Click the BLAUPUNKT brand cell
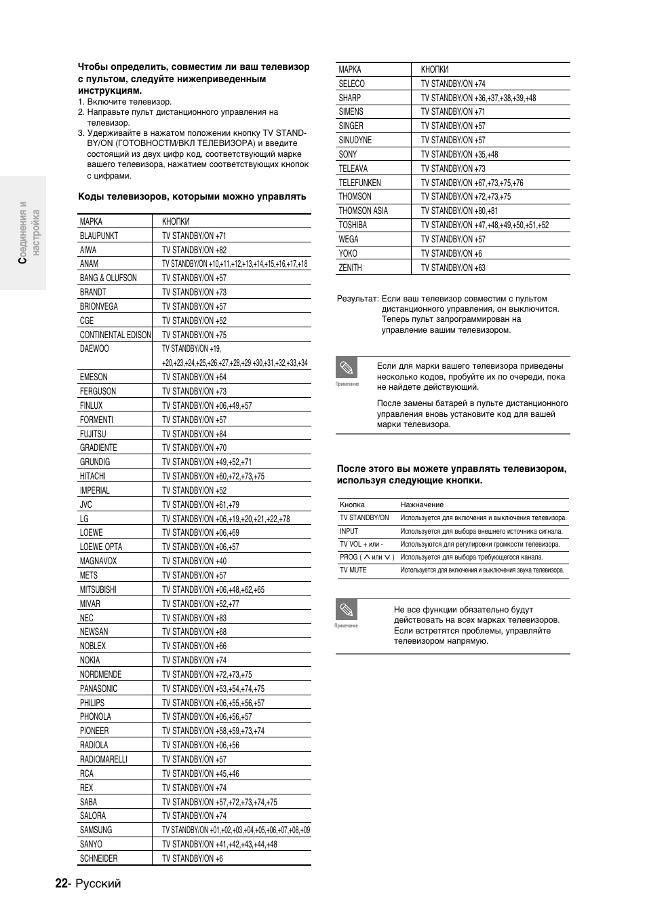[99, 236]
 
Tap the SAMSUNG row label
[96, 830]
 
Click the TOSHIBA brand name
[353, 225]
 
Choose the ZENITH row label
[350, 268]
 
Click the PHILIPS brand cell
[92, 703]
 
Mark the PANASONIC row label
[98, 689]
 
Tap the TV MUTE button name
[353, 570]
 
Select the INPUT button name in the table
[349, 531]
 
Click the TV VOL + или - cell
[361, 544]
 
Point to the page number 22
[61, 883]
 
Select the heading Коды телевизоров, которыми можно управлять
[192, 197]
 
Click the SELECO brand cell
[351, 84]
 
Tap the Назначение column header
[422, 505]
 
